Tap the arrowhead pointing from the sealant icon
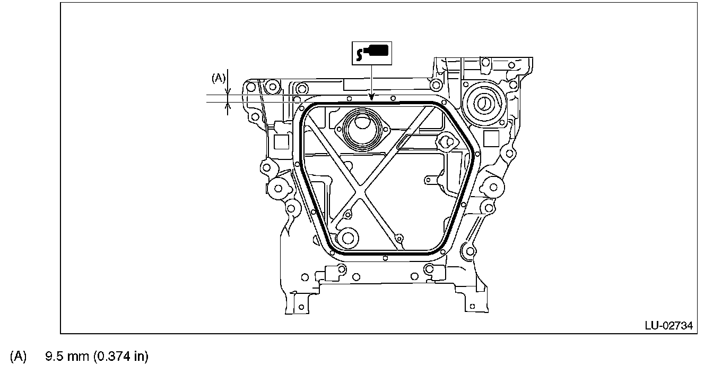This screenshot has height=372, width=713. click(x=372, y=97)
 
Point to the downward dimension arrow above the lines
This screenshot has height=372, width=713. click(x=228, y=89)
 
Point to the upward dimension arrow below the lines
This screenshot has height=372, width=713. click(x=228, y=108)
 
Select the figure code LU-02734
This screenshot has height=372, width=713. click(x=669, y=325)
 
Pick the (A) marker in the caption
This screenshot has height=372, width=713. click(x=18, y=356)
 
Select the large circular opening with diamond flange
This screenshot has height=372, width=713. click(x=363, y=129)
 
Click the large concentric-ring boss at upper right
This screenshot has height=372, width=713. click(x=483, y=102)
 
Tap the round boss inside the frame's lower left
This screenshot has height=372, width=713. click(x=348, y=238)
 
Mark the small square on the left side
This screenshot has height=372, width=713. click(x=281, y=141)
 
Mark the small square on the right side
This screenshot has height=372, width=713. click(x=492, y=139)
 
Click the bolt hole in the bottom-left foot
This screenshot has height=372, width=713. click(x=301, y=307)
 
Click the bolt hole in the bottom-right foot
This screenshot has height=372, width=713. click(x=469, y=306)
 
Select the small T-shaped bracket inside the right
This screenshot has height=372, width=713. click(x=431, y=180)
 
